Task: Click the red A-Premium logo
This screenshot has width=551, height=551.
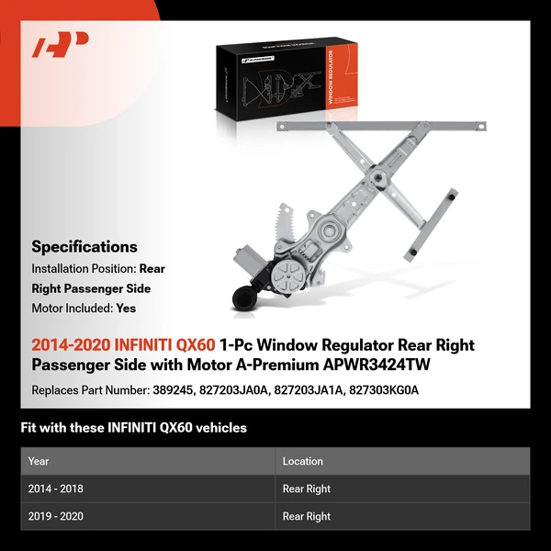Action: (61, 45)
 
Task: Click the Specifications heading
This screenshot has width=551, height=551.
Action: (84, 246)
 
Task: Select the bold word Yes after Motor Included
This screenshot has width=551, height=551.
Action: (126, 309)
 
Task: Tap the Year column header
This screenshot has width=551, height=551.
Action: (39, 461)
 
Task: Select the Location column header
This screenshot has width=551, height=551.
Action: (303, 461)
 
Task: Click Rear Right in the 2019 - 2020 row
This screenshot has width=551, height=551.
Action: (307, 516)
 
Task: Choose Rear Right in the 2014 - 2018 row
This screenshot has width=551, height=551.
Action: (307, 489)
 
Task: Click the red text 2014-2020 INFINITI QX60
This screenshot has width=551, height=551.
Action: (124, 345)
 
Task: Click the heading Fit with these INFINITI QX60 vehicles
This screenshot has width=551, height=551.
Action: (134, 428)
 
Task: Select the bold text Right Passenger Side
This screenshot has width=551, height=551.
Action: (91, 288)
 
